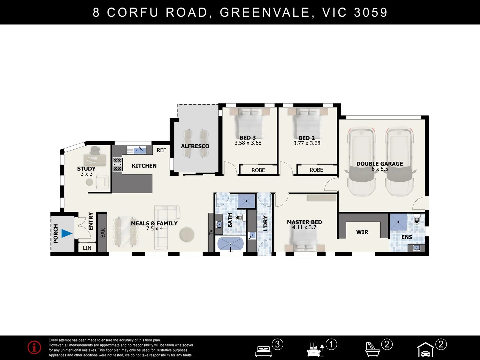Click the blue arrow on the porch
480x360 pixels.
[x=66, y=233]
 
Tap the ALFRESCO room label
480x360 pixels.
[x=195, y=146]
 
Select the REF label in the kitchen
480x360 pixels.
[x=161, y=150]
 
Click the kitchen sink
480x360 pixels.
[x=140, y=150]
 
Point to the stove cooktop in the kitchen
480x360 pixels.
[x=117, y=164]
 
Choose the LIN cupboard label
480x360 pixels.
[x=87, y=248]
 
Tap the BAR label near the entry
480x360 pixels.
[x=103, y=233]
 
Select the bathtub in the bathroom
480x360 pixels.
[x=230, y=244]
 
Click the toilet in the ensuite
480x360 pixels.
[x=417, y=219]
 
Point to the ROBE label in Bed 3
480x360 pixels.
[x=258, y=170]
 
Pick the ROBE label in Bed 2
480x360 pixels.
[x=316, y=170]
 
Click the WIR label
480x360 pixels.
[x=362, y=232]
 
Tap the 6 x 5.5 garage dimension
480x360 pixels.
[x=380, y=169]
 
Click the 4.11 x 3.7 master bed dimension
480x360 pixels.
[x=304, y=227]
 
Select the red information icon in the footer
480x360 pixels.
[x=34, y=347]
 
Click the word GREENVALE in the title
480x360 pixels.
[x=265, y=12]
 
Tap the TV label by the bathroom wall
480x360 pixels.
[x=211, y=232]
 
